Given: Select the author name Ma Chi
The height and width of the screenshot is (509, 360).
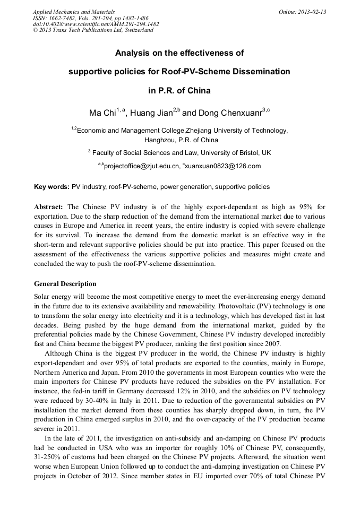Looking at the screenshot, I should tap(102, 113).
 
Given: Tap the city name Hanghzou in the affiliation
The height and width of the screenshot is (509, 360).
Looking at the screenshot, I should tap(160, 140).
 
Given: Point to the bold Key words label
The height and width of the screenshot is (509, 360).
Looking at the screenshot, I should tap(52, 187).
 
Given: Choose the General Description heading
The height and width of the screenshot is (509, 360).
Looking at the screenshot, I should tap(65, 284).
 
